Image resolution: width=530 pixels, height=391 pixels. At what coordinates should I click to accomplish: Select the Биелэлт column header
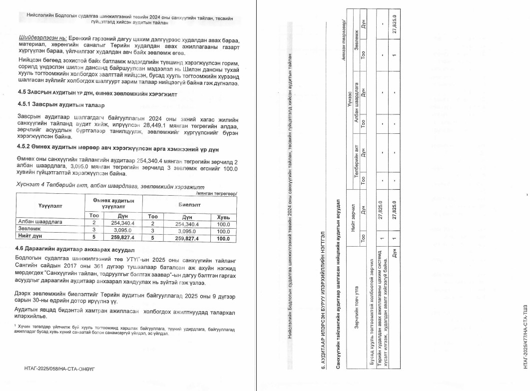pyautogui.click(x=189, y=204)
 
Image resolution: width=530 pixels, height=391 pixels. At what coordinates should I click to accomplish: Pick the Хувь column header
pyautogui.click(x=223, y=217)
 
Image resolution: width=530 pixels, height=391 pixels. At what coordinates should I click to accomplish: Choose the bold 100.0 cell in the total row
pyautogui.click(x=223, y=238)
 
